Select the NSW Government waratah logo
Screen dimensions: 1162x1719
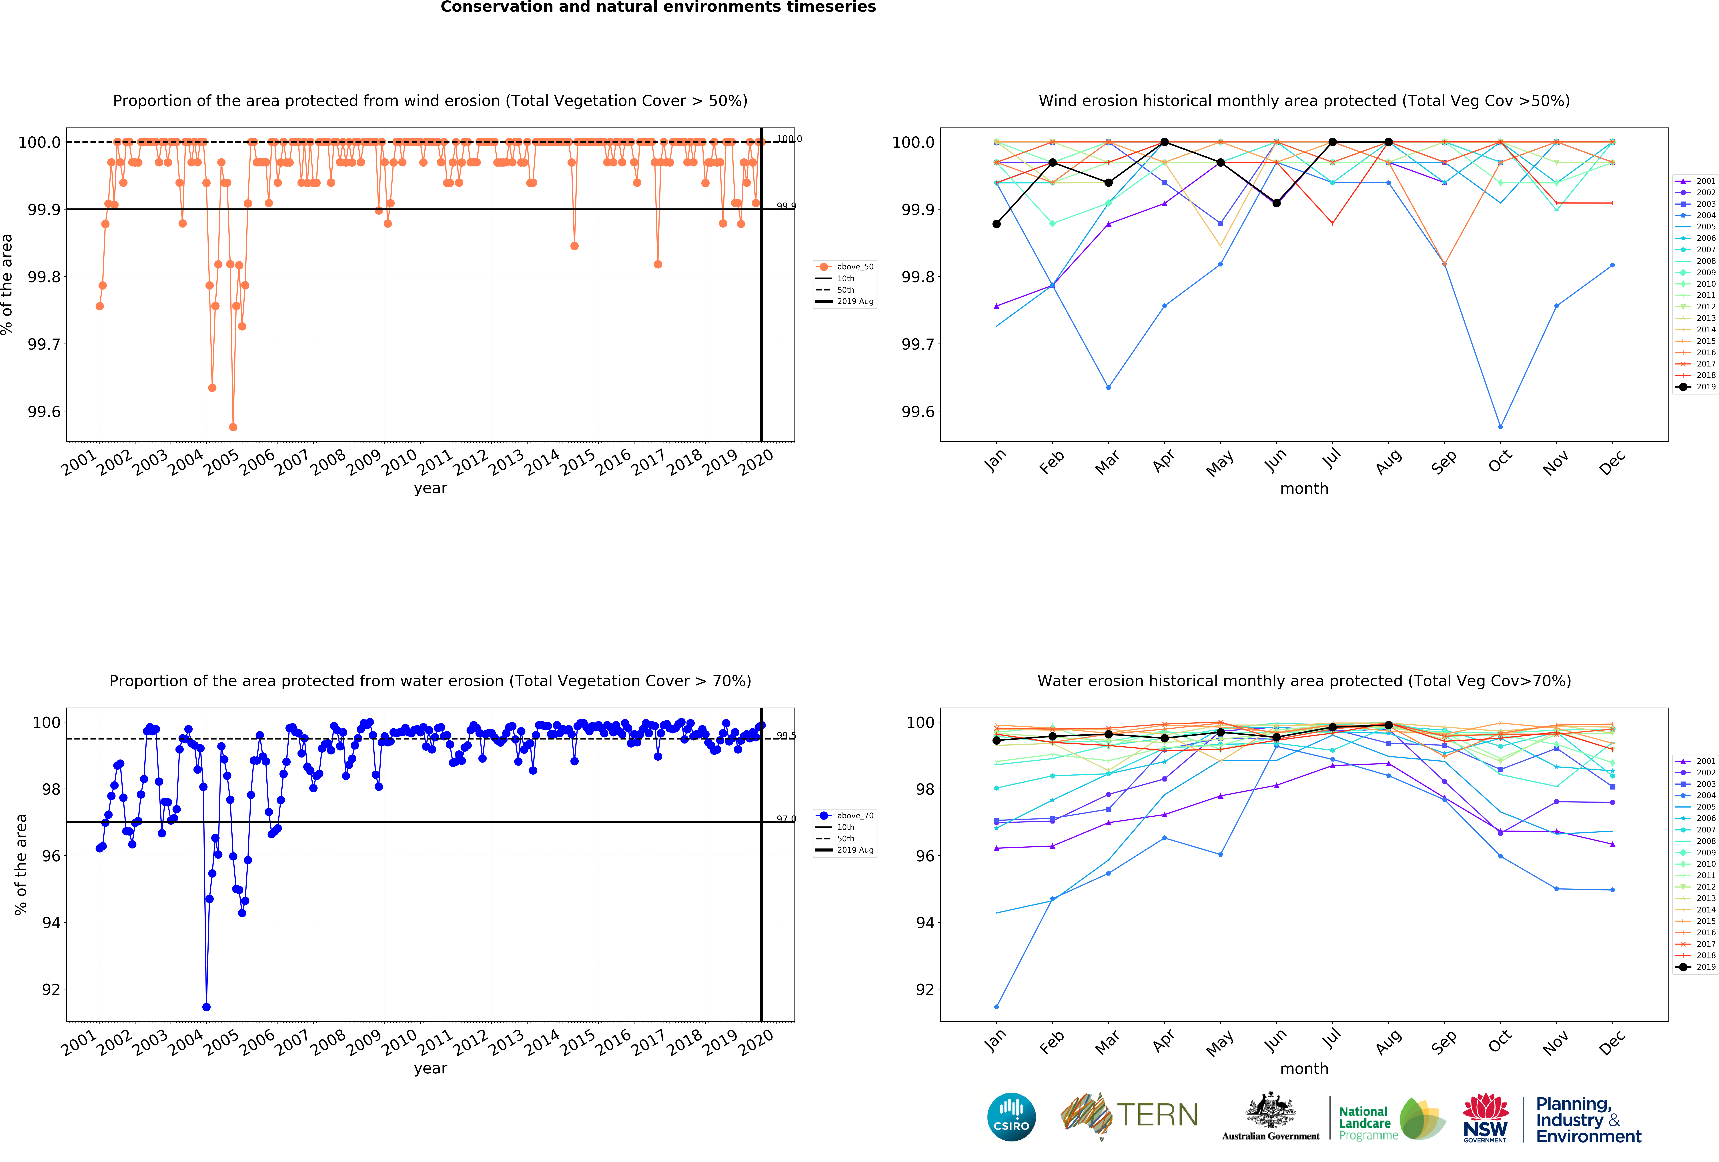click(1485, 1117)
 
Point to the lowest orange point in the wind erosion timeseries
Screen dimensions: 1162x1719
click(233, 427)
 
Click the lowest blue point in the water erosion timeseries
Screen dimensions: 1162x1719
click(206, 1007)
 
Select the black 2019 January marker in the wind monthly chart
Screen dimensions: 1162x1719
click(996, 223)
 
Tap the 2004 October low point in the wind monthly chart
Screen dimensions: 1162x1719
click(1500, 427)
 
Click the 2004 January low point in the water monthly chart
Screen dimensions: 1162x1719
click(996, 1007)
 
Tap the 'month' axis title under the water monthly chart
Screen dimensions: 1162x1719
click(1304, 1069)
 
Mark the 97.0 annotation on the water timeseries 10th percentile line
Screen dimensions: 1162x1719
click(786, 819)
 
